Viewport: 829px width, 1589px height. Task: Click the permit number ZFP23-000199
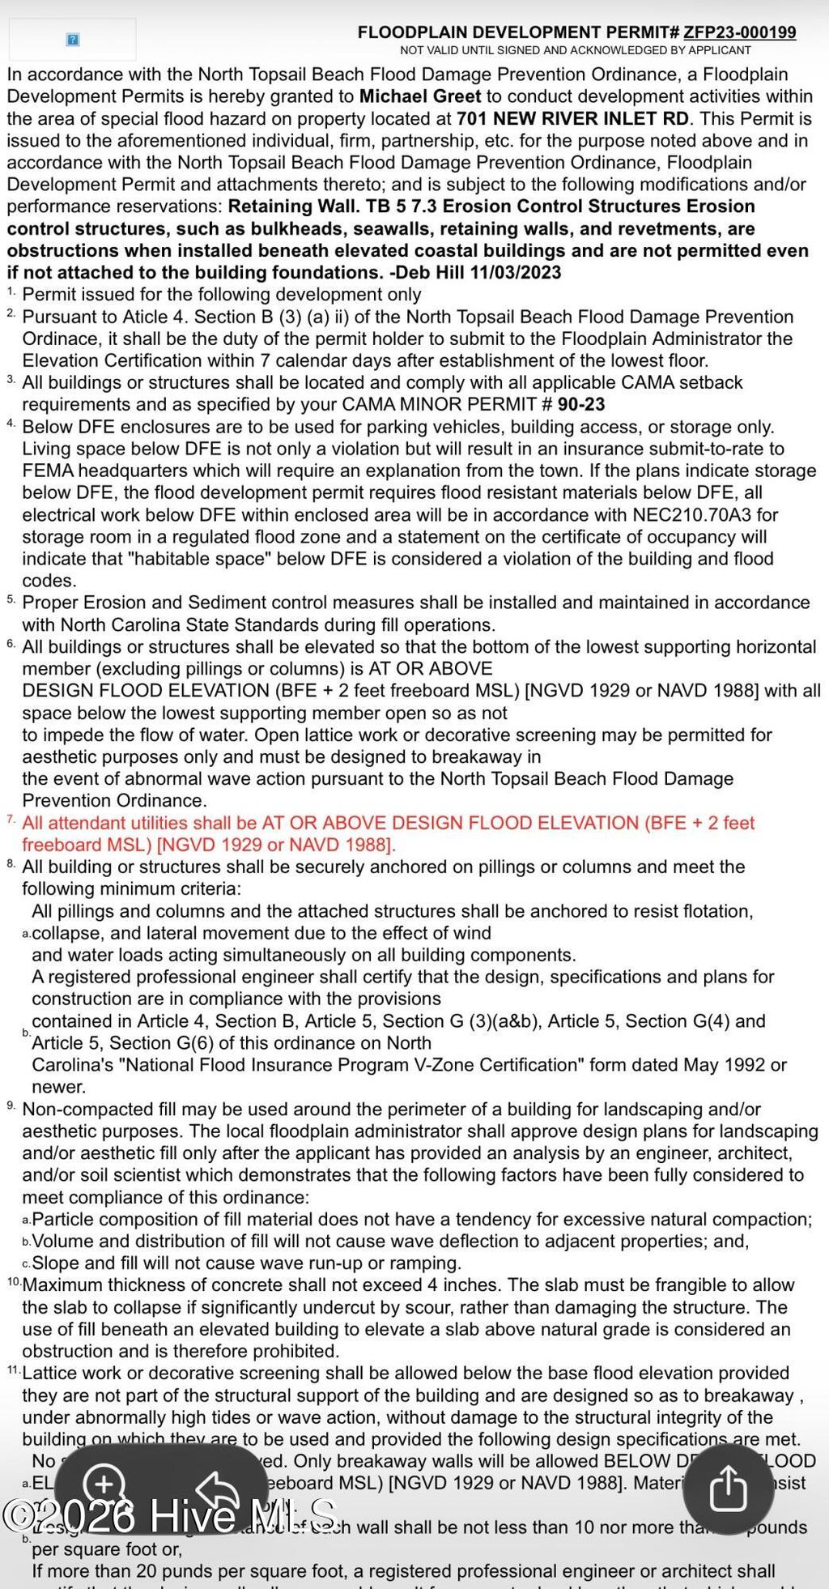(739, 32)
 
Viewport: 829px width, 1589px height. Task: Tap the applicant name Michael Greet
(419, 96)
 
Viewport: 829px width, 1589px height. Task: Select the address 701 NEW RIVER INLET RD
(572, 118)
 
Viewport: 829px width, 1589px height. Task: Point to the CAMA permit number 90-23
(581, 404)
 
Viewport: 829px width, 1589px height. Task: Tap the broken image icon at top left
(72, 40)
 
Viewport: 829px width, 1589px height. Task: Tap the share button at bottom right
(727, 1488)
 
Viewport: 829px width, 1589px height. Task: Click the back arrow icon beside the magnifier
(217, 1489)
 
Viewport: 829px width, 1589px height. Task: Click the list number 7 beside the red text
(11, 820)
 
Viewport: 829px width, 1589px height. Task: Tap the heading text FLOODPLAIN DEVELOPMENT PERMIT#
(518, 32)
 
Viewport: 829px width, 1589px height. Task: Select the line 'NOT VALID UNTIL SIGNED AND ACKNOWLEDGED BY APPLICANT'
(576, 50)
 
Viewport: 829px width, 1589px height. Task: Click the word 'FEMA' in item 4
(47, 471)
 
